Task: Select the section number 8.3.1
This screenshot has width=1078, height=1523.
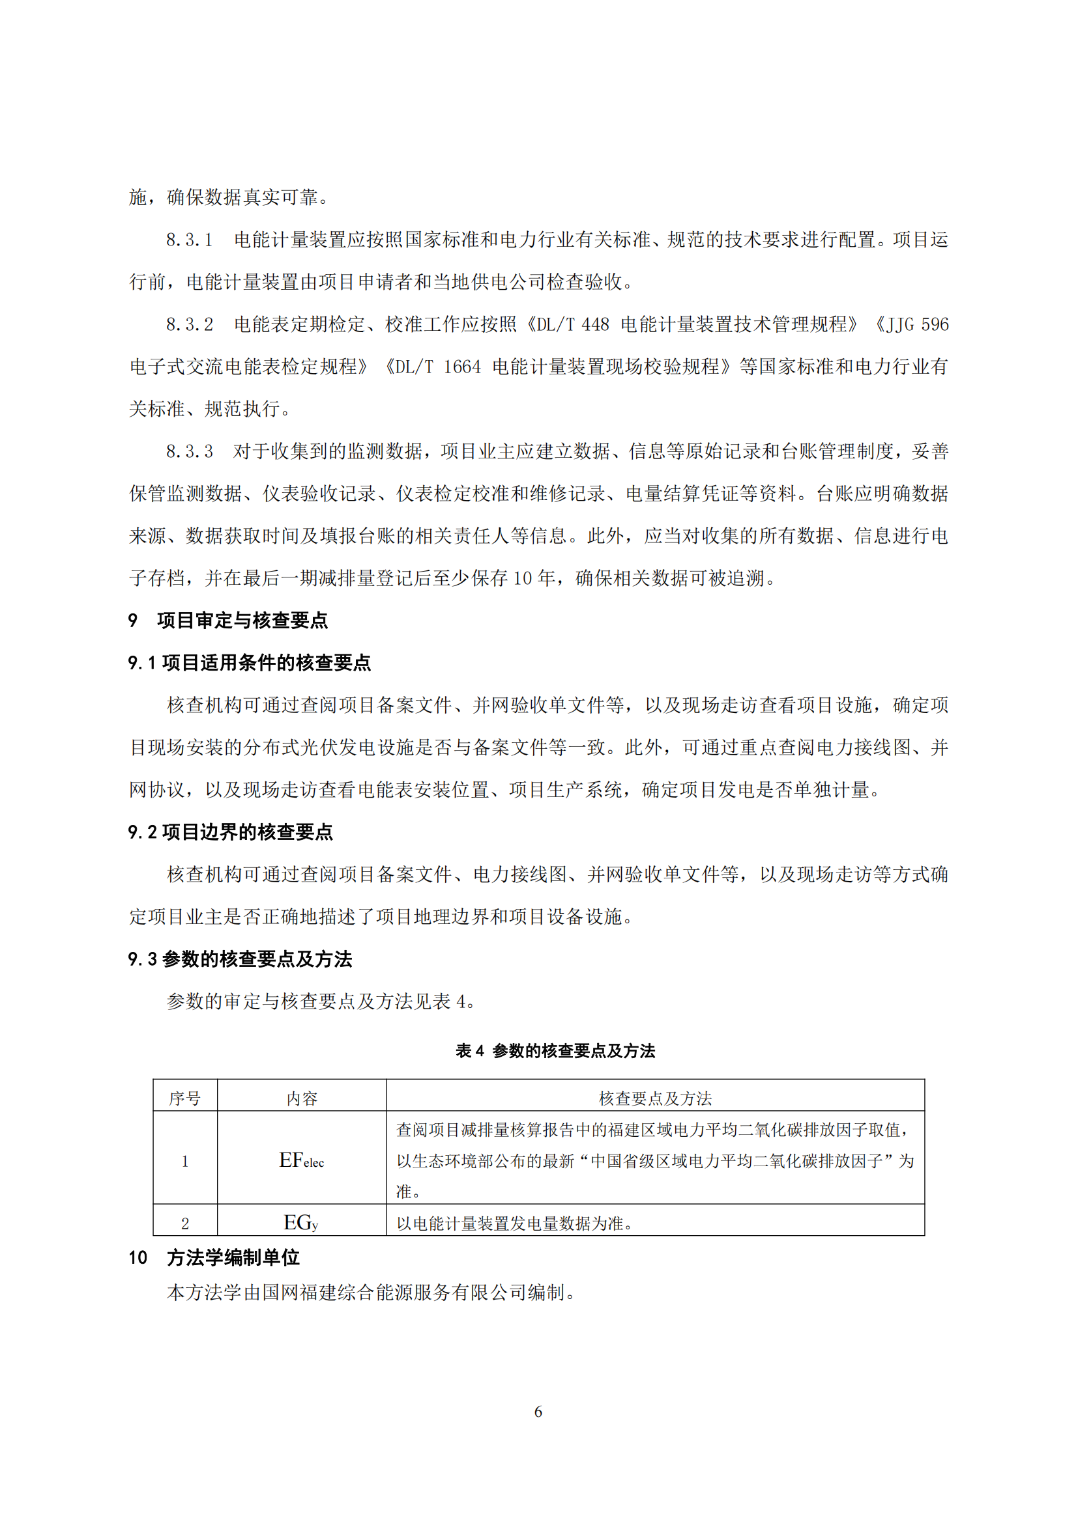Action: (189, 240)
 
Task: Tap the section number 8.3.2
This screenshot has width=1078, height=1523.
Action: (189, 324)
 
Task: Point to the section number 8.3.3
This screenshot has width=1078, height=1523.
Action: (189, 451)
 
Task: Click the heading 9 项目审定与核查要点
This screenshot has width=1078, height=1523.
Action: (227, 621)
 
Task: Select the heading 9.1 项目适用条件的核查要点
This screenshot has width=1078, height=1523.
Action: (249, 663)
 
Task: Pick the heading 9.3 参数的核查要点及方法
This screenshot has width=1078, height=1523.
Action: (240, 959)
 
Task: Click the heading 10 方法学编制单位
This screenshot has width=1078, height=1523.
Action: (214, 1258)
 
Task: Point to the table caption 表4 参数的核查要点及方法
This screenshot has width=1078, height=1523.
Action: (555, 1051)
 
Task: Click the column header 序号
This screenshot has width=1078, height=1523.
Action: (184, 1098)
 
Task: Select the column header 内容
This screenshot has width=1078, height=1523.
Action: (301, 1098)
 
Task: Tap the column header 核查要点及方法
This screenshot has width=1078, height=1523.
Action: (654, 1098)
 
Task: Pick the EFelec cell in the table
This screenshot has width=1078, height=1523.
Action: (301, 1160)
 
